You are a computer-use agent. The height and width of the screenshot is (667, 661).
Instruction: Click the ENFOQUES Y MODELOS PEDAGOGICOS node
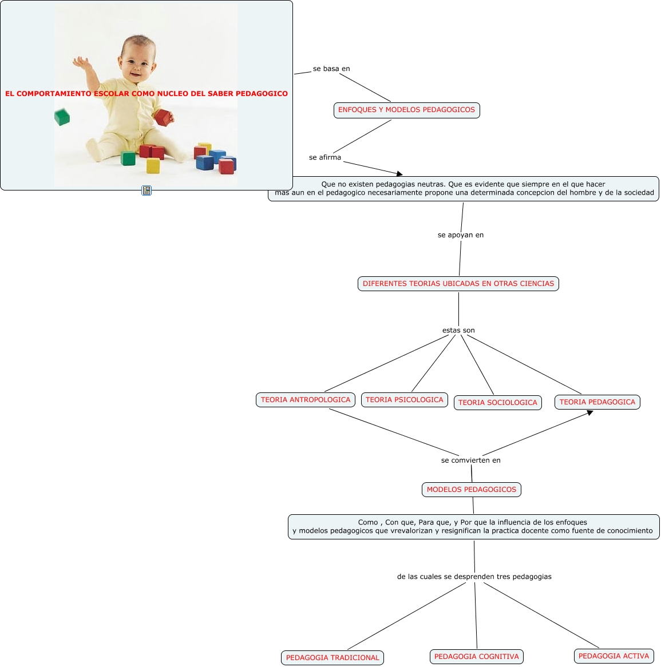click(406, 110)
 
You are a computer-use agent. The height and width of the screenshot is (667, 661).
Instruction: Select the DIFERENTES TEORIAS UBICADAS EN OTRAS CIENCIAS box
click(458, 284)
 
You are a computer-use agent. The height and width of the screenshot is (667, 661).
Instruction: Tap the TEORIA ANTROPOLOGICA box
click(306, 400)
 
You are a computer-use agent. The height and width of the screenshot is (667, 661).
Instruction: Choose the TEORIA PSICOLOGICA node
click(405, 400)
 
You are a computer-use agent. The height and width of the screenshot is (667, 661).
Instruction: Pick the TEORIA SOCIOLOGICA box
click(498, 403)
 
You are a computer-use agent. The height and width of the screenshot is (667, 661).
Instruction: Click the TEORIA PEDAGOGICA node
click(597, 402)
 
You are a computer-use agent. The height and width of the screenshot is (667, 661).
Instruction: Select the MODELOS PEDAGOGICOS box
click(472, 490)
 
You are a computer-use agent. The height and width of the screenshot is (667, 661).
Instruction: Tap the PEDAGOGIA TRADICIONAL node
click(333, 658)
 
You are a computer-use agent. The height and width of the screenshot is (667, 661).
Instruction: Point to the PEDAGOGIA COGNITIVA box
click(477, 657)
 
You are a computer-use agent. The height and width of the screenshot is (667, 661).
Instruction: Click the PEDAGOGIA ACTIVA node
click(614, 656)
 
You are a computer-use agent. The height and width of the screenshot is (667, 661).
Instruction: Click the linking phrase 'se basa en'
click(331, 69)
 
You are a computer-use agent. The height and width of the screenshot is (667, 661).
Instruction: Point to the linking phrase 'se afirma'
click(325, 157)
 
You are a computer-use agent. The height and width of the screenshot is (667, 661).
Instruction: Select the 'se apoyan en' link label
click(461, 235)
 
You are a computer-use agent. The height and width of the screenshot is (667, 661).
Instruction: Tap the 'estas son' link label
click(458, 331)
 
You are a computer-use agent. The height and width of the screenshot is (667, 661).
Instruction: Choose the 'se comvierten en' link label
click(471, 460)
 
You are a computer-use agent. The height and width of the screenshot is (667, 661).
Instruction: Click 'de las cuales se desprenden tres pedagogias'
click(474, 577)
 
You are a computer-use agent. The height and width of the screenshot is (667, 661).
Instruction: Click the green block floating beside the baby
click(62, 117)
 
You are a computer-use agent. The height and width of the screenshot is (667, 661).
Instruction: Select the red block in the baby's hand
click(164, 117)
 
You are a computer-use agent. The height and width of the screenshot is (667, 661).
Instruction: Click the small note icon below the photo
click(147, 190)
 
